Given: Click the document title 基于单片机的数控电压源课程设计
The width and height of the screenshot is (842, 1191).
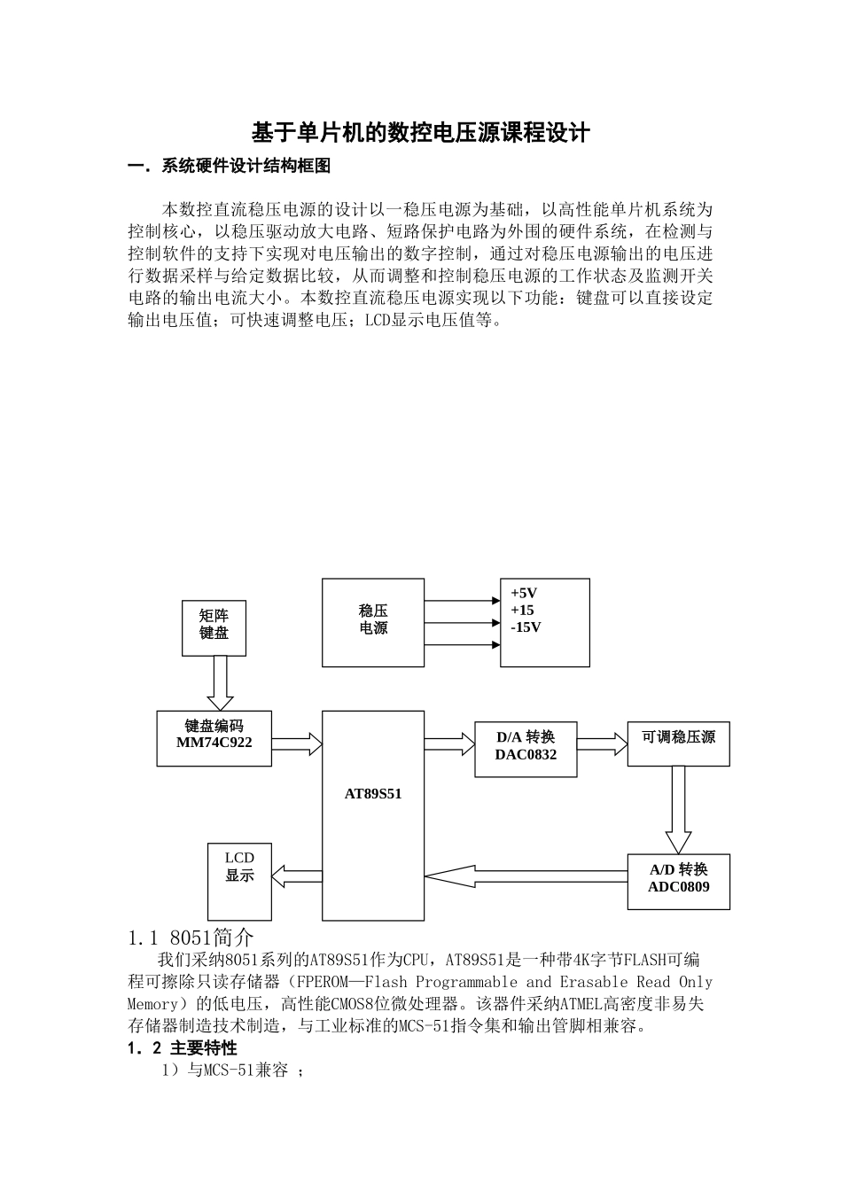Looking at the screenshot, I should point(421,134).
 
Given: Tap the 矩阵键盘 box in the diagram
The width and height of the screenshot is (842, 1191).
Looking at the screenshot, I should point(214,627).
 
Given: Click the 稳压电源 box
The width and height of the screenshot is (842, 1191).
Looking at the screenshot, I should point(373,622).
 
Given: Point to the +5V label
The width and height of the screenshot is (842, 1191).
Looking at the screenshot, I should point(524,593).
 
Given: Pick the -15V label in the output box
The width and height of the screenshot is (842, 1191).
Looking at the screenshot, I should point(526,627).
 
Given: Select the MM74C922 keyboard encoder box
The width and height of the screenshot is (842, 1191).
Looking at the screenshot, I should point(214,738).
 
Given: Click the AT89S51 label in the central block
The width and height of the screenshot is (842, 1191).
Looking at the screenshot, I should point(373,794).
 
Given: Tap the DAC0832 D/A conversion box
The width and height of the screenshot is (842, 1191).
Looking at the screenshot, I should point(526,750).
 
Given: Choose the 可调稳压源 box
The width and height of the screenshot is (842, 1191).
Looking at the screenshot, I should point(678,743).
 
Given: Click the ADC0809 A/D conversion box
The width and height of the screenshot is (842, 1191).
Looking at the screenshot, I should point(678,882).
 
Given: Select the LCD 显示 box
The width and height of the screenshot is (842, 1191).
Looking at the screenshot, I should point(239,880).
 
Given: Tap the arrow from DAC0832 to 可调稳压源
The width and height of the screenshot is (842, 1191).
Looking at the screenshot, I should point(602,743).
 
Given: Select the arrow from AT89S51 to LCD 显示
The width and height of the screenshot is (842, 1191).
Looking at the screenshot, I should point(296,876).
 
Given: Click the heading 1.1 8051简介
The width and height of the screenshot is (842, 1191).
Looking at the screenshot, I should point(191,937).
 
